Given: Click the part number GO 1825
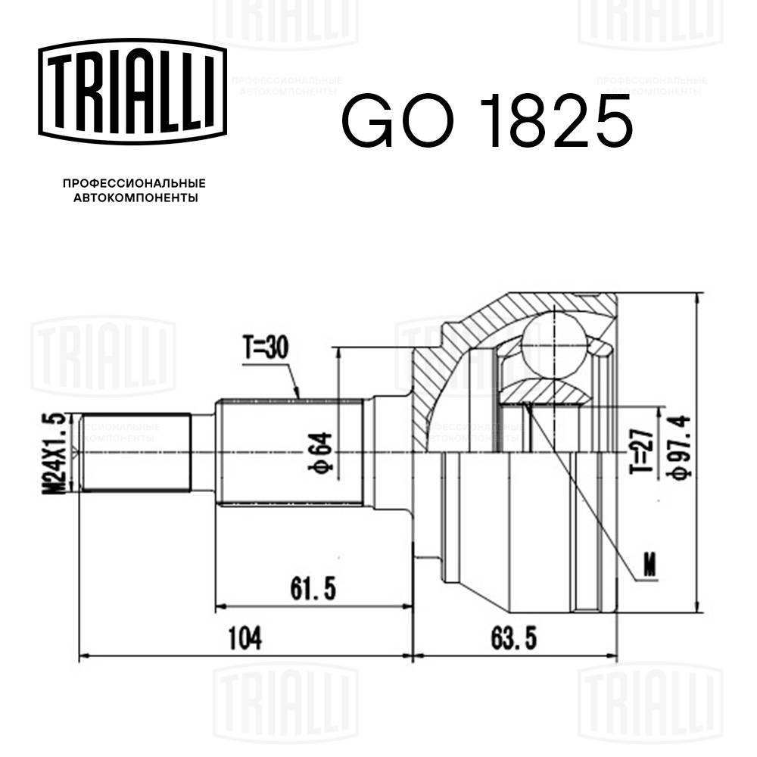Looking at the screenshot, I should [485, 121].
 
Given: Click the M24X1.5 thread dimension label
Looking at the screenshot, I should [55, 453].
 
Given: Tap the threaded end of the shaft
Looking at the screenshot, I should [135, 453].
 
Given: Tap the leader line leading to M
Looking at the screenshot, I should [583, 492].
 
